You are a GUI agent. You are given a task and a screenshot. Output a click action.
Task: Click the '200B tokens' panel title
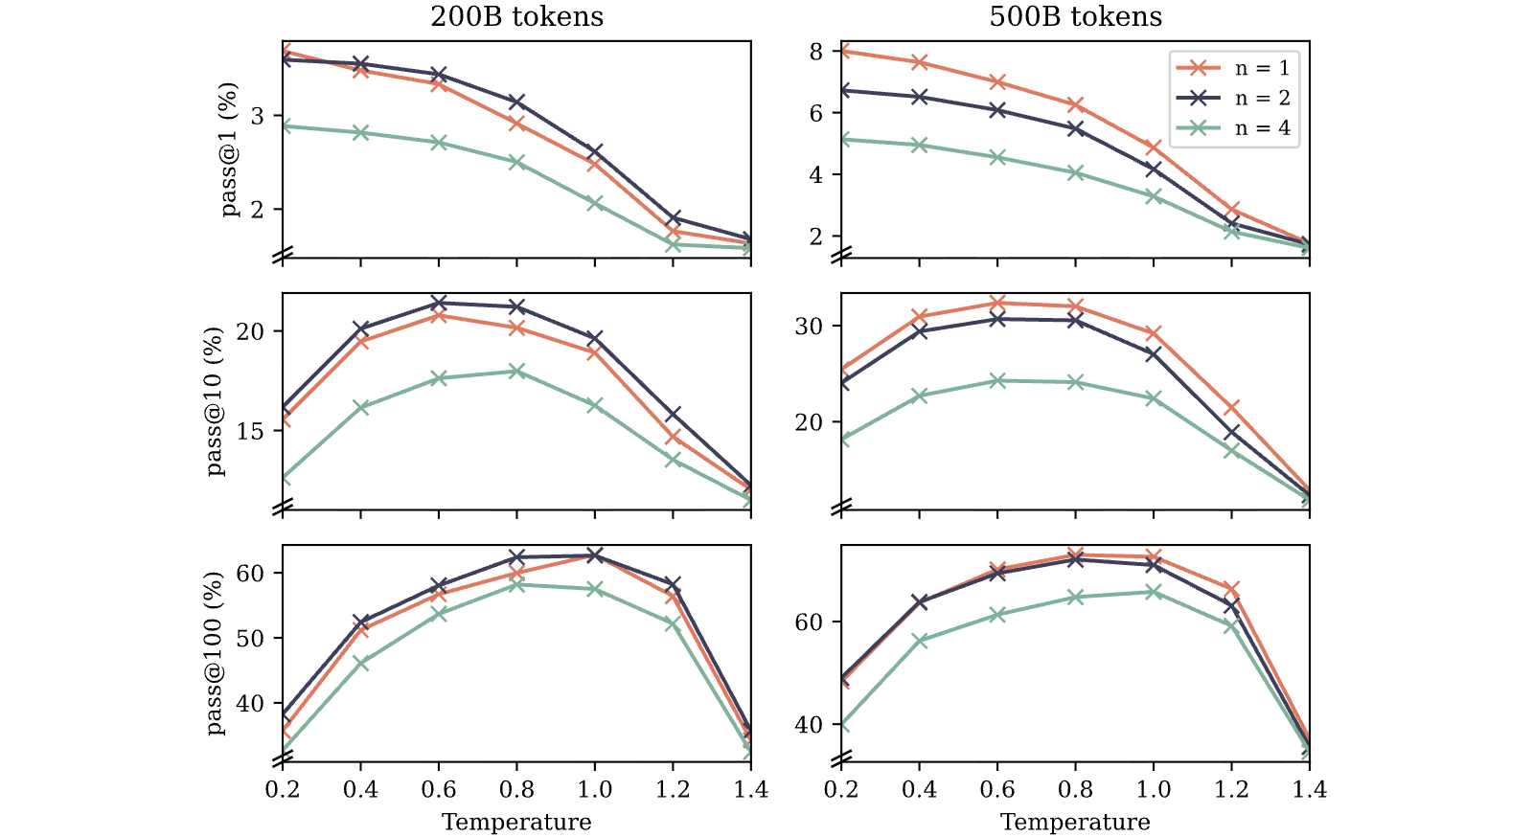[516, 16]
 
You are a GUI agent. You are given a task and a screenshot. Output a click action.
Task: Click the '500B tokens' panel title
[1075, 16]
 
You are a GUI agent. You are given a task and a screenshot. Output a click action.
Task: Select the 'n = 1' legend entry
[1232, 68]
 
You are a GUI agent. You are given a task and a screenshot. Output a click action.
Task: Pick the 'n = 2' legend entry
[1232, 98]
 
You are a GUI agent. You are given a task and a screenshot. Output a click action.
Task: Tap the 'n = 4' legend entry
[1232, 128]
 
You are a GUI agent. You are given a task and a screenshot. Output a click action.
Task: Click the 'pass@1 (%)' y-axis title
[230, 149]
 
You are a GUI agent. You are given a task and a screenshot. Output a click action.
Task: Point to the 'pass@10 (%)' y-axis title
[215, 401]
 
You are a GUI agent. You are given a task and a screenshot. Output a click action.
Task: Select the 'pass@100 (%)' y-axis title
[215, 654]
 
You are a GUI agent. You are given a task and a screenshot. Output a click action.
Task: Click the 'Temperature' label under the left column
[516, 822]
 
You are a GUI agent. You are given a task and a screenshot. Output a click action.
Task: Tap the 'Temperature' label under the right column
[1075, 822]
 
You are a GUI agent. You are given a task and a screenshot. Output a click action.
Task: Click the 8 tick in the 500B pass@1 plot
[815, 52]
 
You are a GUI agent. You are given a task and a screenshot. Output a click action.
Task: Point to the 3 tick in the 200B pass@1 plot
[258, 116]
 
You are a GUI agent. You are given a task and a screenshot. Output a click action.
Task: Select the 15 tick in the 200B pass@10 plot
[251, 431]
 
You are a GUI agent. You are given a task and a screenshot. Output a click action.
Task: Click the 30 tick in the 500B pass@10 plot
[809, 327]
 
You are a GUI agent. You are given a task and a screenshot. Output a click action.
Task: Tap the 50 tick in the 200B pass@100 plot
[251, 638]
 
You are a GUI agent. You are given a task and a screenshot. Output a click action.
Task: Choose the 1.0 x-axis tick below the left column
[595, 789]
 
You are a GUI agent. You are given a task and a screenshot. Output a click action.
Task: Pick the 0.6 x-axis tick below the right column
[997, 789]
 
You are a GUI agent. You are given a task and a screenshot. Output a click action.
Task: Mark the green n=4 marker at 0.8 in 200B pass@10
[516, 372]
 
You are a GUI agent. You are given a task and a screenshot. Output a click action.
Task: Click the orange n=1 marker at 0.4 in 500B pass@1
[919, 62]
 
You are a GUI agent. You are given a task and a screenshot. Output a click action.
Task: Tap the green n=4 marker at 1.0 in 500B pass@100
[1154, 592]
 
